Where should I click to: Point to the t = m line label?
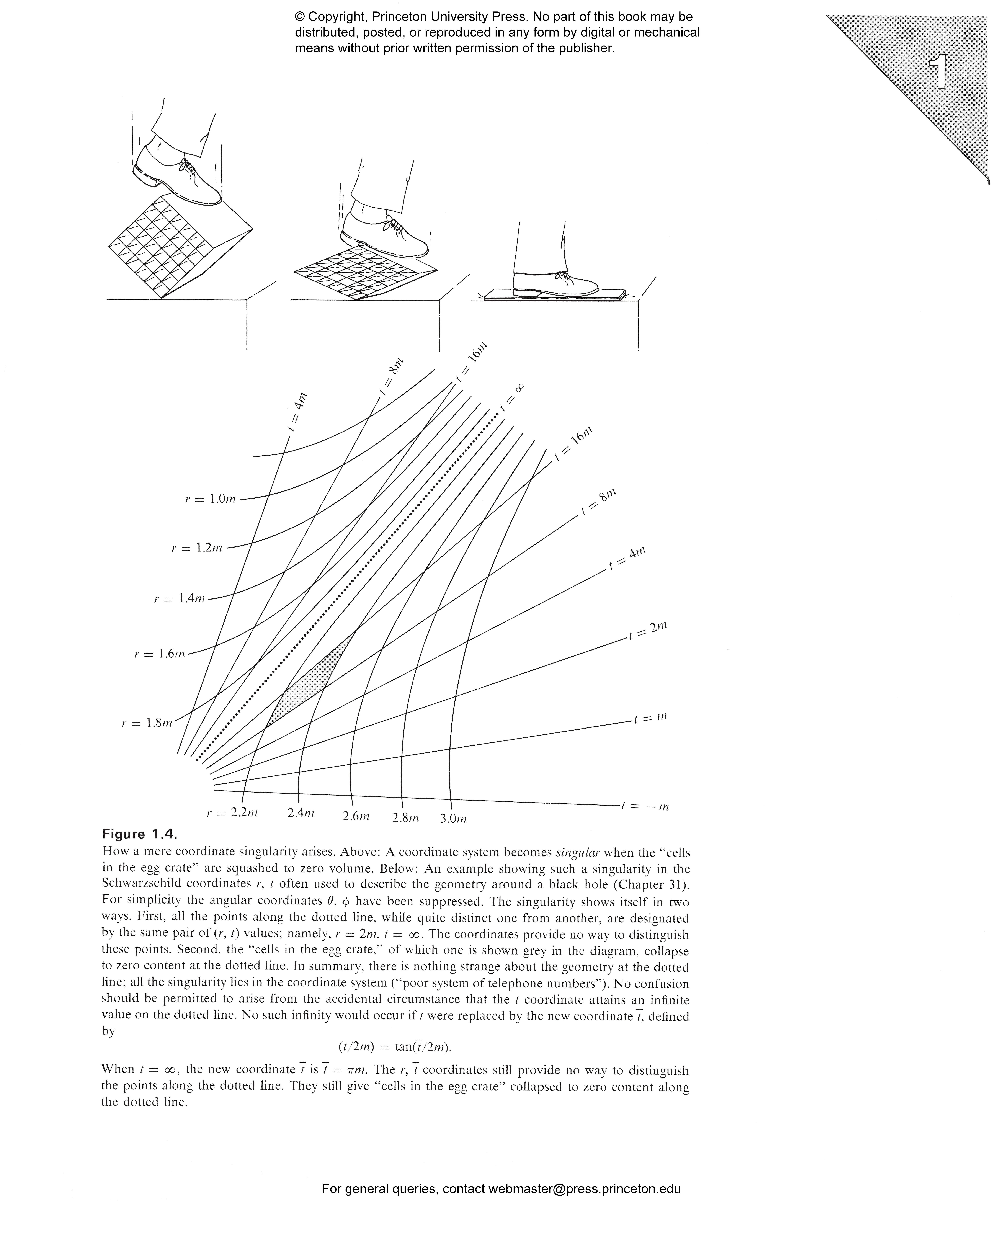click(650, 717)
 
